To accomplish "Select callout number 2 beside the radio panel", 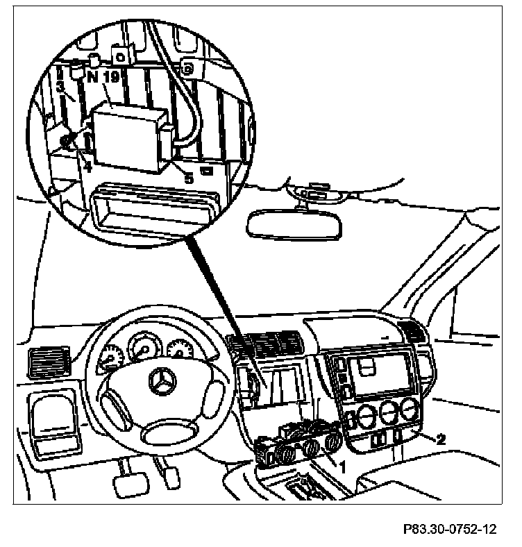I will [x=439, y=439].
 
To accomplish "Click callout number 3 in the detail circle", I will [x=60, y=87].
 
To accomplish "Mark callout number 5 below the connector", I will [x=187, y=178].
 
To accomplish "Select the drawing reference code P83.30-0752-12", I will [x=449, y=530].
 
